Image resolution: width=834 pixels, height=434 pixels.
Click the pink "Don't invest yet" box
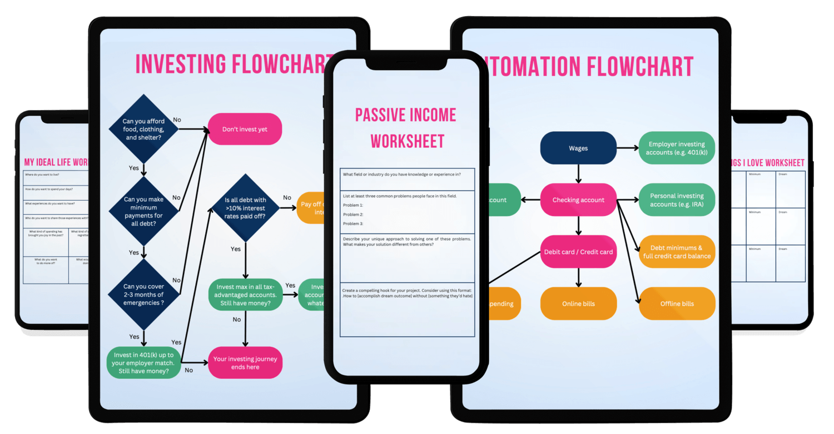tap(245, 129)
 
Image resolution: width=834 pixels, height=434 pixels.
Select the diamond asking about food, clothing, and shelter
tap(144, 129)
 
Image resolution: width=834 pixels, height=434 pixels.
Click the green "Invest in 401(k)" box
tap(144, 363)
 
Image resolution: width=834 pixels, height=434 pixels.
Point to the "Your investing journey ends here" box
tap(245, 363)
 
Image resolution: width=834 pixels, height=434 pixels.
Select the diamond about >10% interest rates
tap(245, 208)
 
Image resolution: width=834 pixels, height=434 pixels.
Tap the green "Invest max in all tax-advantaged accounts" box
tap(245, 294)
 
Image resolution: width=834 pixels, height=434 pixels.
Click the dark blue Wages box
tap(578, 148)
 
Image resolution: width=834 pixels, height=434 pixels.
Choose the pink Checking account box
tap(578, 200)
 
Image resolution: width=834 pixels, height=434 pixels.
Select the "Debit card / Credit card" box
tap(578, 252)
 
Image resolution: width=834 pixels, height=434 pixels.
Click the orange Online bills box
tap(578, 303)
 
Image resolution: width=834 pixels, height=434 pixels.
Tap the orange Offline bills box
tap(677, 303)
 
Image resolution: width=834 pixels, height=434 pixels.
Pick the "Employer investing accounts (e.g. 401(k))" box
tap(677, 148)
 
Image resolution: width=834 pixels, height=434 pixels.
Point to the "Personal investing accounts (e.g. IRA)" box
tap(677, 200)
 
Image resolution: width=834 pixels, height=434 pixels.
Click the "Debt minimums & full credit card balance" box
tap(677, 252)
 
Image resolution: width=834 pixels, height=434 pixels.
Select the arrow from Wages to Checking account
tap(578, 174)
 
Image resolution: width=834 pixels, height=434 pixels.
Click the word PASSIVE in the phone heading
tap(383, 115)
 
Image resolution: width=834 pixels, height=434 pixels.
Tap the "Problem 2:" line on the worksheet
tap(353, 214)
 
